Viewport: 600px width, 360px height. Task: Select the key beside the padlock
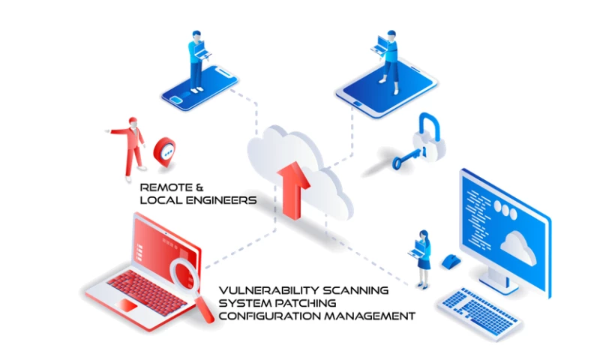(x=405, y=160)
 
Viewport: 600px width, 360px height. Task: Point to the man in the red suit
(x=133, y=142)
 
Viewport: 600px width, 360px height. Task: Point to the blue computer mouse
(x=449, y=262)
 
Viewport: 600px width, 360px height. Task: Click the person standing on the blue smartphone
(x=196, y=60)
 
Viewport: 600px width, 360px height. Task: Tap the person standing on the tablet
(x=388, y=57)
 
